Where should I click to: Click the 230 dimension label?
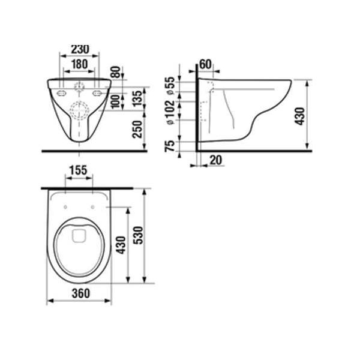80,49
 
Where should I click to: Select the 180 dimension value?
79,64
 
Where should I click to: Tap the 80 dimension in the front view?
116,72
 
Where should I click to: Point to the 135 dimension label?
137,98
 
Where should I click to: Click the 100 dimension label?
116,101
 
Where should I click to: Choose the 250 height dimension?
137,129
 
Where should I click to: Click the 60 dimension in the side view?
205,64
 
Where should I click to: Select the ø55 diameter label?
170,85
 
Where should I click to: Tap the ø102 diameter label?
170,112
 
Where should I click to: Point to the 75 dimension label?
170,146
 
